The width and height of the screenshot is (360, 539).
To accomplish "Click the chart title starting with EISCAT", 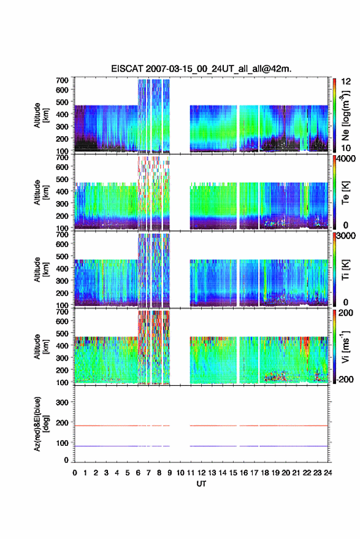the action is click(x=201, y=69).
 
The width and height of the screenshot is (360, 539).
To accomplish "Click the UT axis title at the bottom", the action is click(x=201, y=484).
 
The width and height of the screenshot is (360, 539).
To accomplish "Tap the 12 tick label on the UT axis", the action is click(x=202, y=473).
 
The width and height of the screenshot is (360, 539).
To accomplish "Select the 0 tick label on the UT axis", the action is click(x=75, y=473).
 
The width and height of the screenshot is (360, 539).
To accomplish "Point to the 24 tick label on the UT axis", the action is click(x=327, y=473).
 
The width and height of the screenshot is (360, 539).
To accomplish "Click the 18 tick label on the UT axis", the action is click(x=265, y=473).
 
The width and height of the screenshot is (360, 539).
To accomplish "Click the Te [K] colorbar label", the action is click(x=345, y=193).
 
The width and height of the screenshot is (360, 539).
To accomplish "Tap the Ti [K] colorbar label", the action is click(x=345, y=270).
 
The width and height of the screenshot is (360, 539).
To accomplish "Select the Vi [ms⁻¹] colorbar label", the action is click(x=346, y=346).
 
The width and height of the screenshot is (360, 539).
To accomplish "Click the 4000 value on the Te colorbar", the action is click(x=347, y=158).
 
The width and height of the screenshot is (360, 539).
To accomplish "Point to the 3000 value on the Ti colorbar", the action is click(x=347, y=236).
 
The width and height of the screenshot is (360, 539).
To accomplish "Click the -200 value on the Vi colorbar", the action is click(x=345, y=379).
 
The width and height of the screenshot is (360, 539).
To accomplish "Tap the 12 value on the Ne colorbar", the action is click(x=347, y=82).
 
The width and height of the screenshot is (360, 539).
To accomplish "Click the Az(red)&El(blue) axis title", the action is click(x=40, y=424).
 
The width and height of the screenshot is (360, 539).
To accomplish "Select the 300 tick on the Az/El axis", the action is click(x=62, y=402).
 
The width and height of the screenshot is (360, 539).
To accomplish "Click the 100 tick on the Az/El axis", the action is click(x=62, y=443).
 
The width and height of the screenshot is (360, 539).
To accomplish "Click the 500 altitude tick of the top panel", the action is click(x=62, y=102).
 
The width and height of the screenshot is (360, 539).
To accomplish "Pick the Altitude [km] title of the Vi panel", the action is click(x=40, y=346).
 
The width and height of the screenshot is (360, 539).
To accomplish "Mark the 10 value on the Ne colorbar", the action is click(x=347, y=148).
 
